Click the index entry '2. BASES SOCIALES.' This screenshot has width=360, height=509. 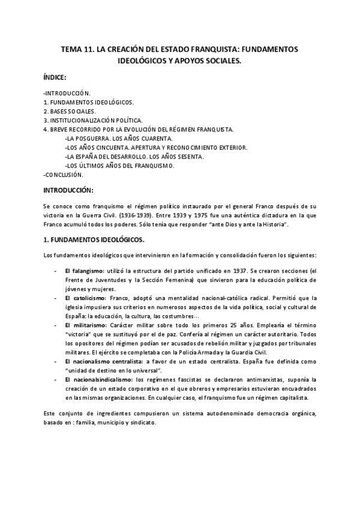(x=70, y=112)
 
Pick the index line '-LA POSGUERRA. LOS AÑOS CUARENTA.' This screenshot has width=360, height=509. (x=118, y=139)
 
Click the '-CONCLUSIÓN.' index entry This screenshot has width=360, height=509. (x=64, y=175)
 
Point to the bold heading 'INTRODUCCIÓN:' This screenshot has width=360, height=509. (x=68, y=190)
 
